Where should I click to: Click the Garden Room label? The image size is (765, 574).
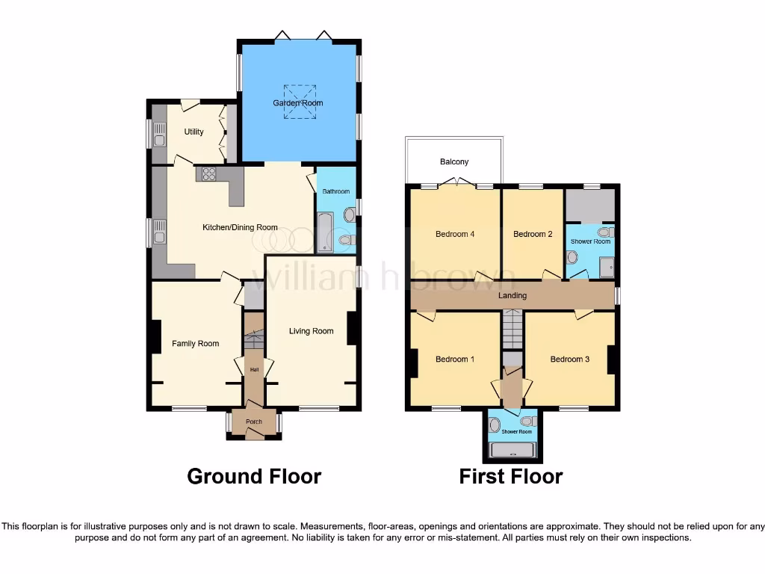298,103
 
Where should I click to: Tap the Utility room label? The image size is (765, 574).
193,132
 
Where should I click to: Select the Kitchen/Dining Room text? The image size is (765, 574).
241,227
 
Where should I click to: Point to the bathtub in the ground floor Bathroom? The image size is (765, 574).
326,232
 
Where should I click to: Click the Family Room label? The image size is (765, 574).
196,344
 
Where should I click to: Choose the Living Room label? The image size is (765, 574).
312,331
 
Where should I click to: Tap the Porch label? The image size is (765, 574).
254,422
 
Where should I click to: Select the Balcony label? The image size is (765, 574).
454,161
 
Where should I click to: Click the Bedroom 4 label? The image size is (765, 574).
455,234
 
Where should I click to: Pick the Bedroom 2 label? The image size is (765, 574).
533,234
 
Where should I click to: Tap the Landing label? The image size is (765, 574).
512,295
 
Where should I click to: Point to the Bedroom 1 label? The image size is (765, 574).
455,359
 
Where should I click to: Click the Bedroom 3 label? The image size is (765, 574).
570,359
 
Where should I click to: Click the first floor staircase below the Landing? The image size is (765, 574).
512,330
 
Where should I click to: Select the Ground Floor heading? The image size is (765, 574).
254,476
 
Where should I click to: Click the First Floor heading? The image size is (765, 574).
511,476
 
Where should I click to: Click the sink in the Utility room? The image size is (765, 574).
159,135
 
